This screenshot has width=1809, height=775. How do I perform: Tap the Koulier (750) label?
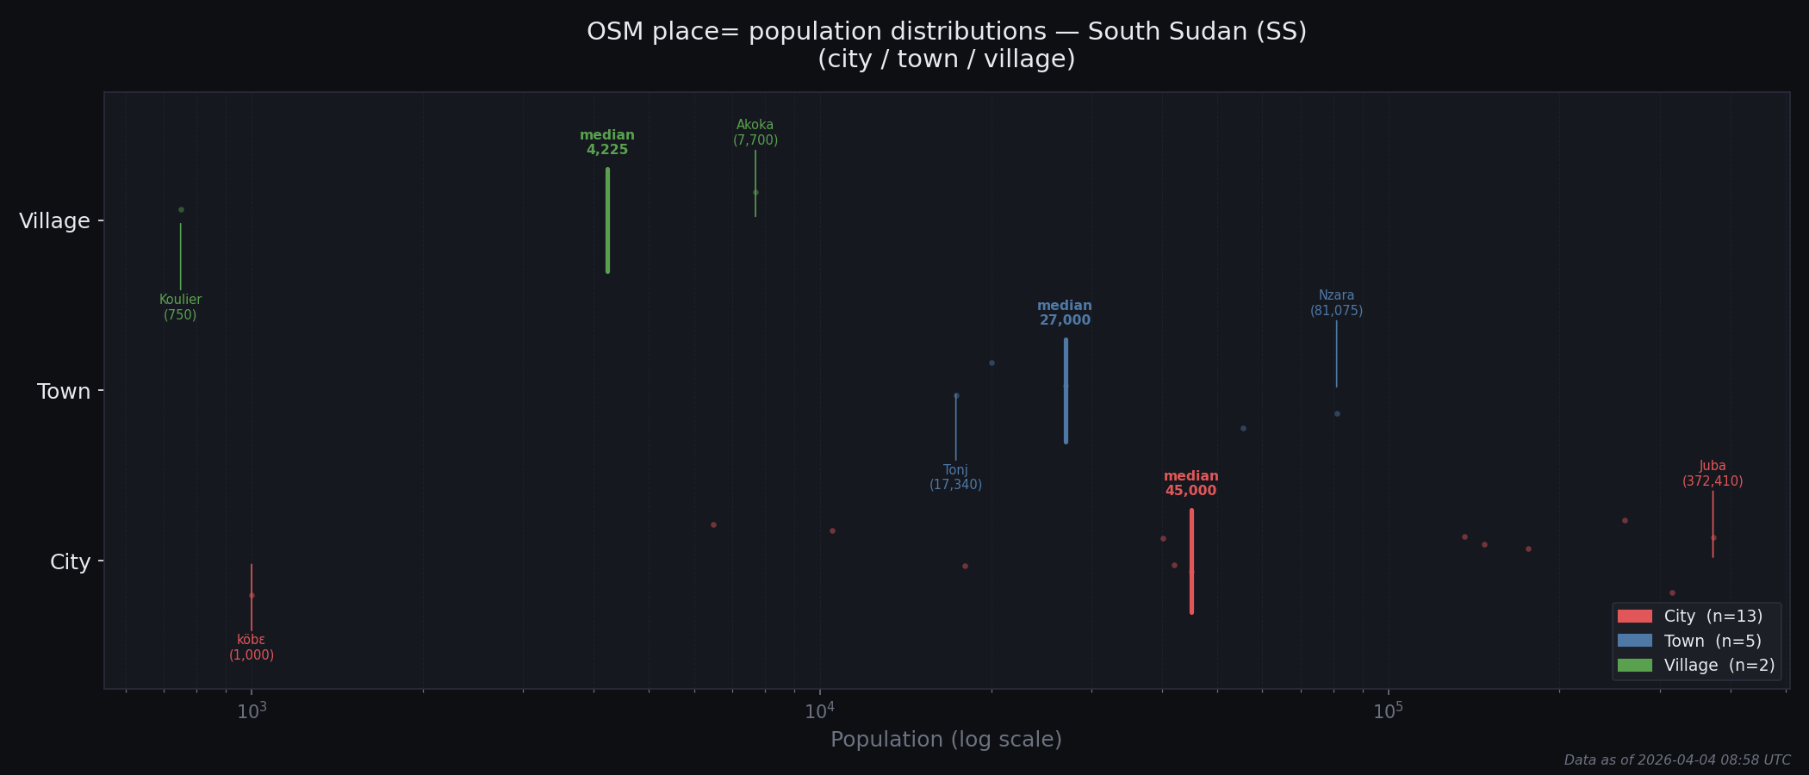click(180, 307)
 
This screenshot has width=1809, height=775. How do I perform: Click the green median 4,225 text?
click(607, 143)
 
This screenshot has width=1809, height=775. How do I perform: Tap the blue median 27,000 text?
click(1065, 313)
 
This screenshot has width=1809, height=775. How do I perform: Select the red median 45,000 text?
click(1191, 484)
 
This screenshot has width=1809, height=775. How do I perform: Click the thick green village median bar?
click(607, 220)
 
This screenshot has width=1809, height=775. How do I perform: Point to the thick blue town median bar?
click(1066, 391)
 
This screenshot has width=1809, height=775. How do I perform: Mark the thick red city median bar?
click(1191, 561)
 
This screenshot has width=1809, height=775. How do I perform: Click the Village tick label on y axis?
click(55, 221)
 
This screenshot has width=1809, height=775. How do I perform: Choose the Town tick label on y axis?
click(64, 392)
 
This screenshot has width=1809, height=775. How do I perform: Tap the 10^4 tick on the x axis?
click(820, 711)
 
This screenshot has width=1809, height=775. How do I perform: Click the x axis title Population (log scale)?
click(946, 740)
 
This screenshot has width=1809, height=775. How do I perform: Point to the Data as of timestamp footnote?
click(1676, 760)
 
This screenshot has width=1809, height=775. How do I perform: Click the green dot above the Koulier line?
click(181, 209)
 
